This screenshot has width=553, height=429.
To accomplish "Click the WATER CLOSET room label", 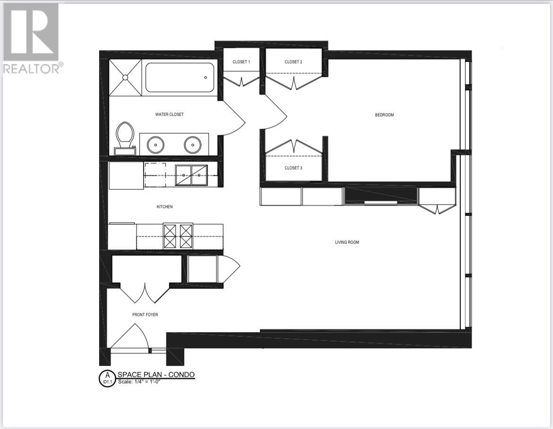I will point(169,115).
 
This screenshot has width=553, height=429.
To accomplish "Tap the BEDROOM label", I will point(384,115).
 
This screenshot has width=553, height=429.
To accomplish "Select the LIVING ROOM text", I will point(347,242).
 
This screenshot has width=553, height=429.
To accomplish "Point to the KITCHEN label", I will point(165,207).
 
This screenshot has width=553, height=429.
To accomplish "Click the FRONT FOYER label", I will point(145,314).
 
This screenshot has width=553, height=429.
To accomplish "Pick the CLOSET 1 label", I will point(241,62).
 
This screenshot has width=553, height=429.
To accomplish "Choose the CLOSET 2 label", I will point(293,62).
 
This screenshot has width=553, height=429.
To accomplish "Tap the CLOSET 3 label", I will point(293,168).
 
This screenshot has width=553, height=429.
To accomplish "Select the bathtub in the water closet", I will point(180,78).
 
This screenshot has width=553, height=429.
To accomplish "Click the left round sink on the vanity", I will point(156,144).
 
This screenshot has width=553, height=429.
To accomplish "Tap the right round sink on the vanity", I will point(192,144).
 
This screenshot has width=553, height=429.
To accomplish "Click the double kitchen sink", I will point(191,175).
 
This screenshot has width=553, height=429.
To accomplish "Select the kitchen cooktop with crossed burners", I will point(178,236).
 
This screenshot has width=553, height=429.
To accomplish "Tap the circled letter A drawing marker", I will point(107,378).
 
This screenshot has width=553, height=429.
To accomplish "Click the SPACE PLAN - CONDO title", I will point(156,375).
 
